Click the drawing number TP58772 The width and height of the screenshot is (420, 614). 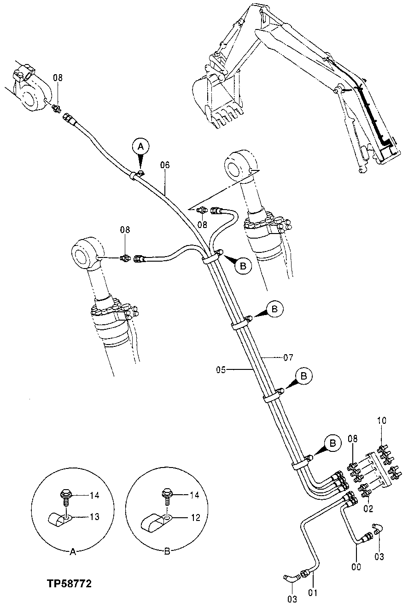[69, 584]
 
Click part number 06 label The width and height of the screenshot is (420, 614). [165, 165]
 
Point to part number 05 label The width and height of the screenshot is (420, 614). [222, 369]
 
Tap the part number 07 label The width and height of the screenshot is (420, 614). [288, 357]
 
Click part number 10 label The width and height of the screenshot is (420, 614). [382, 420]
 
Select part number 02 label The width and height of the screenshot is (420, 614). [369, 509]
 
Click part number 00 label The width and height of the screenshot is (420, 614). [356, 567]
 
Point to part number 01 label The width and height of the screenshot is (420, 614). [313, 592]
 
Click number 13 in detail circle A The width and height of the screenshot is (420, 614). [94, 517]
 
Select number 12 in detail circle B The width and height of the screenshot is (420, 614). [195, 517]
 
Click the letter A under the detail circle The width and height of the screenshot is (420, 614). [73, 552]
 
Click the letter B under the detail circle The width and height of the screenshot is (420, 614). [167, 552]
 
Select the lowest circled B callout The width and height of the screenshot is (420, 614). [332, 443]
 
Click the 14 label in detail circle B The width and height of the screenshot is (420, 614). [195, 495]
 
